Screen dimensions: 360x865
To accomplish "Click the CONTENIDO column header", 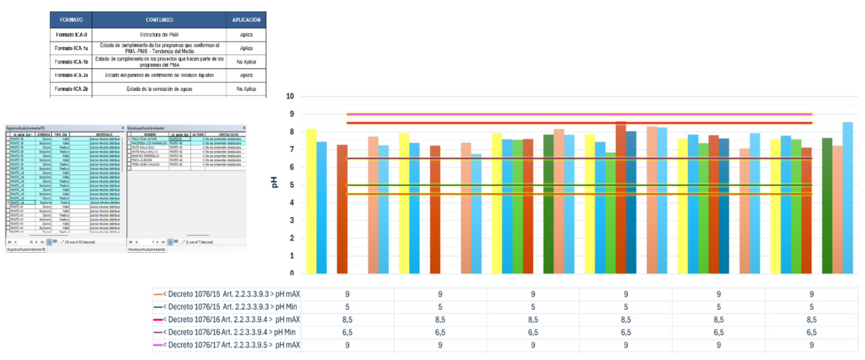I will point(159,20).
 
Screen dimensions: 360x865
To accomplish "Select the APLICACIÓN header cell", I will point(246,20).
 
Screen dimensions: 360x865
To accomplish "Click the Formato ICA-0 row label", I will point(71,35).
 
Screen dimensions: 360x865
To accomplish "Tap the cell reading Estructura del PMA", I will point(159,35).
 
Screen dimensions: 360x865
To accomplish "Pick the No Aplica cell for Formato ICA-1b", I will point(246,62).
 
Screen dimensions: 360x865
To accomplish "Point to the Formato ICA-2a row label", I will point(71,75).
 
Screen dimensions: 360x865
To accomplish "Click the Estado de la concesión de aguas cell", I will point(159,89).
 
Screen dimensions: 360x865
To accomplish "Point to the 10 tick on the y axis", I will point(290,96).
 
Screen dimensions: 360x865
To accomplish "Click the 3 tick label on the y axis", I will point(292,220).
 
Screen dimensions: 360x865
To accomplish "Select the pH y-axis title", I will point(274,182).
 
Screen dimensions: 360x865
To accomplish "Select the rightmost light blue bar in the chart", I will point(847,198).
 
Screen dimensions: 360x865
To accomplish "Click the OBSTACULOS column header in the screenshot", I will point(228,135).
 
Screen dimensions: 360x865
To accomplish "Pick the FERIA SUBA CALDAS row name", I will point(145,164).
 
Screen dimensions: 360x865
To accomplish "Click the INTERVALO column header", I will point(104,135).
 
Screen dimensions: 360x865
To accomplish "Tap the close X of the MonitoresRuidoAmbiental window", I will point(244,128).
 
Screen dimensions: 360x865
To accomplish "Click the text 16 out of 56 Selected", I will point(80,242).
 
